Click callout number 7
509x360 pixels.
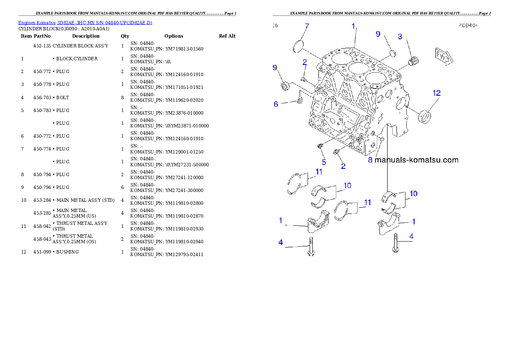click(x=306, y=27)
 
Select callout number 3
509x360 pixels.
click(x=400, y=37)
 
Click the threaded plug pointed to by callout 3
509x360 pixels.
click(x=413, y=62)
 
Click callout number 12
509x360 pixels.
click(x=436, y=93)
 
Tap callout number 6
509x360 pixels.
click(x=276, y=104)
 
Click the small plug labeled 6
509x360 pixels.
click(x=300, y=100)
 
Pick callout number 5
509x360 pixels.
click(x=324, y=162)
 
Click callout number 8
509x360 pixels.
click(x=370, y=160)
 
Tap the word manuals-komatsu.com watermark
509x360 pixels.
click(x=416, y=160)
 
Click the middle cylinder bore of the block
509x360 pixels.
click(x=358, y=68)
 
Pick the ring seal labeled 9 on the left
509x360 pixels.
click(x=286, y=87)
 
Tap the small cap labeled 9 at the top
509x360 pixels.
click(x=392, y=53)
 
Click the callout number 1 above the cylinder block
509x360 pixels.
click(x=353, y=26)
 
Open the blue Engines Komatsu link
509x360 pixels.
click(x=85, y=23)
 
